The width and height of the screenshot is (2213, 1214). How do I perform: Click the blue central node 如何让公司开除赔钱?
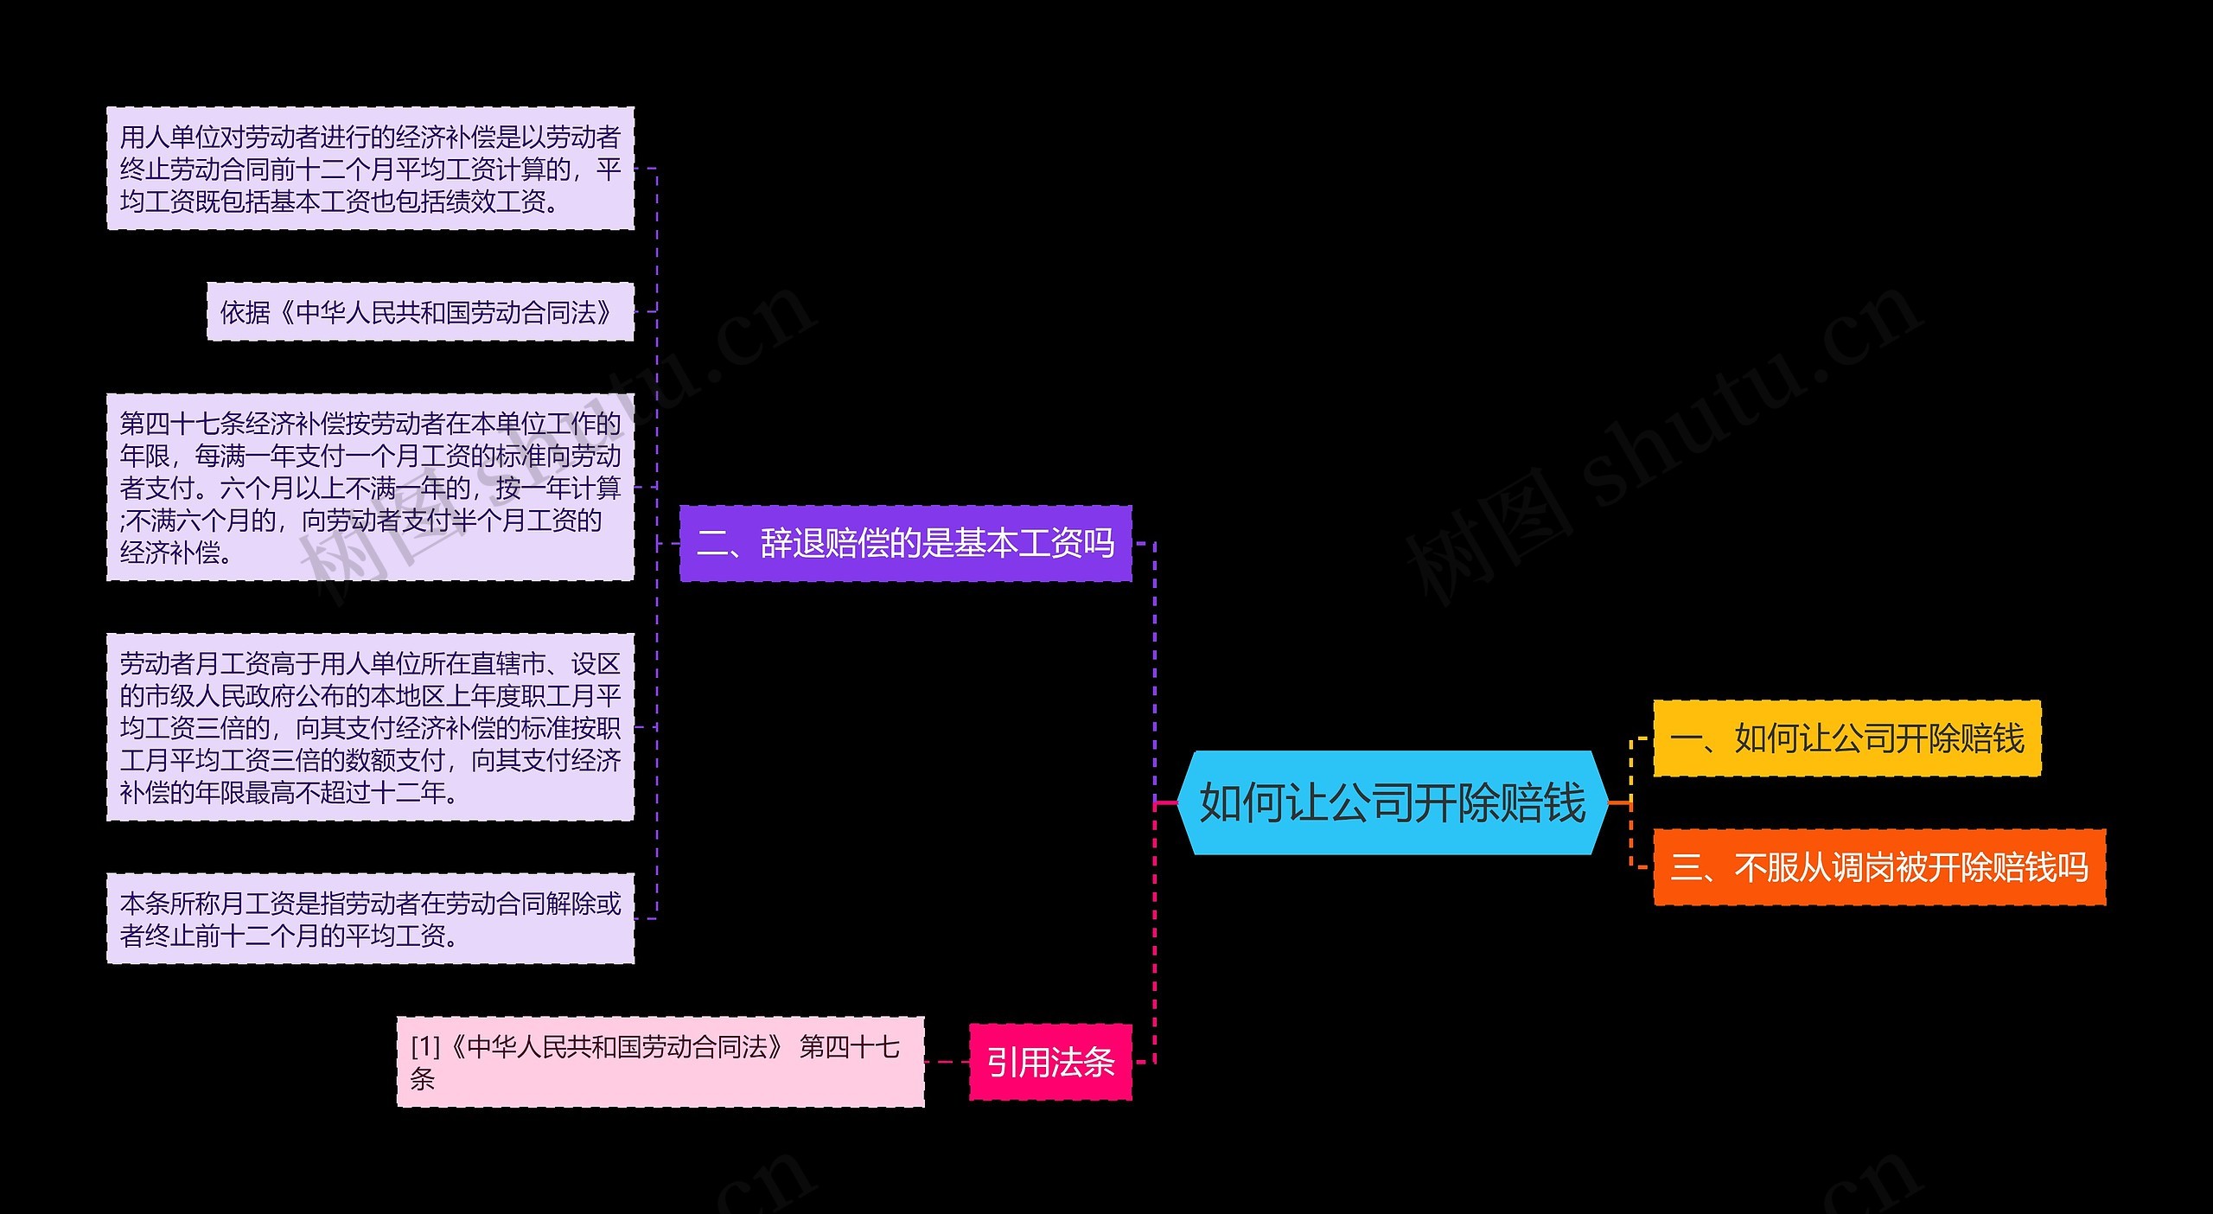point(1393,803)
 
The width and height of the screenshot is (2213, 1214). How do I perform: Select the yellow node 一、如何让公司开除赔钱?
point(1846,738)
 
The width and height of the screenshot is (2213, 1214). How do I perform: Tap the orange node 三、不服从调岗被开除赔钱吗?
point(1878,867)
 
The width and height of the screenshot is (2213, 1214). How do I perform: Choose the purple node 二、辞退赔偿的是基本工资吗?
point(905,544)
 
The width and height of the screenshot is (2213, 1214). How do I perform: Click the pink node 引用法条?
point(1050,1062)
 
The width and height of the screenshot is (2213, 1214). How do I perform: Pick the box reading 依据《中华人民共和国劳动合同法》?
point(420,312)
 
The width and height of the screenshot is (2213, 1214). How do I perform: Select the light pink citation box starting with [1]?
point(660,1062)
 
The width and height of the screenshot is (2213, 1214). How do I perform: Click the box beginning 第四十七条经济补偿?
point(370,488)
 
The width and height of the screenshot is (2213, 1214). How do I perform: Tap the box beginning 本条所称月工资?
point(370,919)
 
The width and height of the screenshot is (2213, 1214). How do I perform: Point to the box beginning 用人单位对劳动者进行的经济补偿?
point(370,169)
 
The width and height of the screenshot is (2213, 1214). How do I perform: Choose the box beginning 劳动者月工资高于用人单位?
point(370,727)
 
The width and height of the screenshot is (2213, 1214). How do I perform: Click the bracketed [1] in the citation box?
point(425,1047)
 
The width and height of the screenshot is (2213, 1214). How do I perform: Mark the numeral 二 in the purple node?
point(713,544)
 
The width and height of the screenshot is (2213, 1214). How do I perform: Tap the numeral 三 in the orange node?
point(1687,867)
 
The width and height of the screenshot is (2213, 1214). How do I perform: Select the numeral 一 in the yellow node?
point(1687,738)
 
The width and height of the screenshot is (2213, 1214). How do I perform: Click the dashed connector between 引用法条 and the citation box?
point(947,1062)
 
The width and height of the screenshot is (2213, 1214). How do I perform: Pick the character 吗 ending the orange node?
point(2072,867)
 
